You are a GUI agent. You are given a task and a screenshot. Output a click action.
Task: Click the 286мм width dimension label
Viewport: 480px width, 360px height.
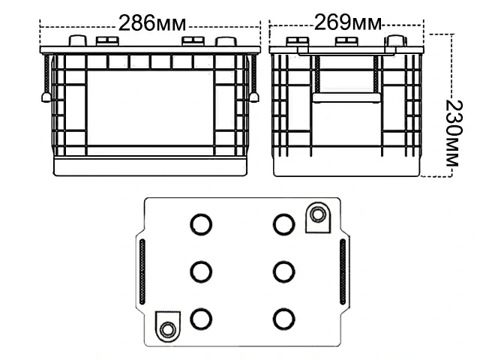(x=149, y=22)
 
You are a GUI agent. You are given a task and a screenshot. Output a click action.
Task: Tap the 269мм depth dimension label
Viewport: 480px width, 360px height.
(x=346, y=22)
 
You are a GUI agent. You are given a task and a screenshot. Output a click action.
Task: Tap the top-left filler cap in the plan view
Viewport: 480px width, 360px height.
(x=200, y=223)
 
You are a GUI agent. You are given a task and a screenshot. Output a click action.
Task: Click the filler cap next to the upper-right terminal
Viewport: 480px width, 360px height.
(x=283, y=223)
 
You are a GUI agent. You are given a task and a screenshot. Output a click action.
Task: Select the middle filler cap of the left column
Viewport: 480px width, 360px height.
(x=200, y=271)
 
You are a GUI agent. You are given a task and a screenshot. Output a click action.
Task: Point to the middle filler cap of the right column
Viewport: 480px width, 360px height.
(x=283, y=271)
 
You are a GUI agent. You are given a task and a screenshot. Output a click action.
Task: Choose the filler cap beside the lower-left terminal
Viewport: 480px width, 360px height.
(x=200, y=319)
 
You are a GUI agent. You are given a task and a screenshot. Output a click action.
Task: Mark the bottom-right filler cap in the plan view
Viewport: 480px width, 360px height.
(x=283, y=319)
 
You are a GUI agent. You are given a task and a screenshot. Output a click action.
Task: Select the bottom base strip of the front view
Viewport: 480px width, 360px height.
(x=150, y=166)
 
